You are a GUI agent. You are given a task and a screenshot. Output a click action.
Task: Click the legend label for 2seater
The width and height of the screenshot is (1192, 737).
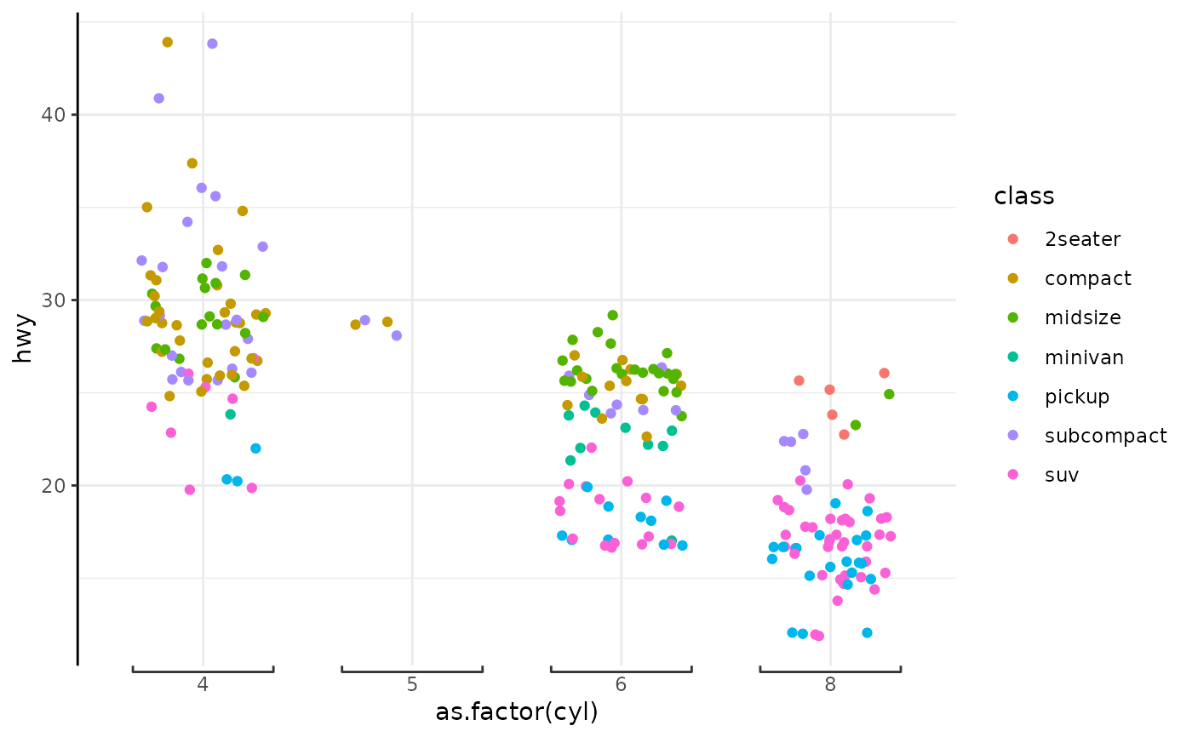[x=1083, y=239]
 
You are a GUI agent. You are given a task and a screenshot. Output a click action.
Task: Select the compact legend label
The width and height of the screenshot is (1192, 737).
[x=1088, y=278]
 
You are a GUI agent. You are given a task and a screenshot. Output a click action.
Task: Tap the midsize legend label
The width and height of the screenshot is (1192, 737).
[x=1083, y=317]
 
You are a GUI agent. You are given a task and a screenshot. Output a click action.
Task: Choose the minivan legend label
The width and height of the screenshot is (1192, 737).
[x=1084, y=357]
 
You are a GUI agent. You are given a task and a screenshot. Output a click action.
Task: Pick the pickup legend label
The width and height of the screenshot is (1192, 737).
[x=1077, y=397]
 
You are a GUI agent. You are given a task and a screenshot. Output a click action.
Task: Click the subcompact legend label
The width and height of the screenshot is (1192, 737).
[x=1105, y=436]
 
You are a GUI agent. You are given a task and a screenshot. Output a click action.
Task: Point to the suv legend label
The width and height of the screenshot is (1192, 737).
[x=1062, y=475]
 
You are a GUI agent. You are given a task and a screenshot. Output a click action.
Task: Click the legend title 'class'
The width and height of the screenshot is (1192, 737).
[x=1023, y=197]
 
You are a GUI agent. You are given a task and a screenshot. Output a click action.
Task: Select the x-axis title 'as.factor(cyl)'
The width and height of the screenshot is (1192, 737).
[x=517, y=712]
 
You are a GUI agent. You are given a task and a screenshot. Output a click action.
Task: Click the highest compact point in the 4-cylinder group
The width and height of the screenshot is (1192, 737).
[x=168, y=42]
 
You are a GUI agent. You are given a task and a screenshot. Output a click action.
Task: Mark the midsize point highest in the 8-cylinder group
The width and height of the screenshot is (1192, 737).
[x=889, y=394]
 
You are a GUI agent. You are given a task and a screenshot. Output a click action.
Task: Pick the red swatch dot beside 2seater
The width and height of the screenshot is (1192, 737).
[x=1011, y=239]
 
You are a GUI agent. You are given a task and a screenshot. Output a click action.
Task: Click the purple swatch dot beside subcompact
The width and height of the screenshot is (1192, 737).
[x=1011, y=436]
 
